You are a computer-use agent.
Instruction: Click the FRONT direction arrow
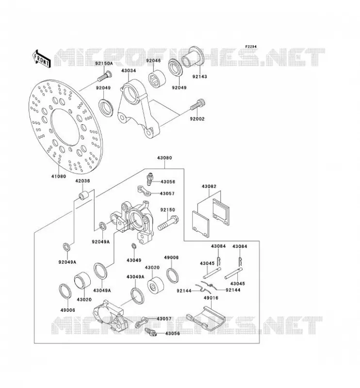[41, 59]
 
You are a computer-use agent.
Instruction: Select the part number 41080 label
[59, 177]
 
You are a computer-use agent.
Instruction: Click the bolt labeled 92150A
[104, 76]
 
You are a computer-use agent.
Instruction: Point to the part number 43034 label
[129, 70]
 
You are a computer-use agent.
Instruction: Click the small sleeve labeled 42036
[83, 195]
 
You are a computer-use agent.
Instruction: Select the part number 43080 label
[164, 158]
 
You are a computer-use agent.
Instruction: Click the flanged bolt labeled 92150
[168, 223]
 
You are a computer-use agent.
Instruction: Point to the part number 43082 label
[209, 186]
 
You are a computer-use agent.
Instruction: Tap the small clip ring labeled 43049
[134, 246]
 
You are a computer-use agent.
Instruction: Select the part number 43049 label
[134, 260]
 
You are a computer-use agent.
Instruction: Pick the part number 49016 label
[211, 298]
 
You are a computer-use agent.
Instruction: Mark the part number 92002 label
[197, 119]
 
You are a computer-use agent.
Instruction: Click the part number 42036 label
[82, 181]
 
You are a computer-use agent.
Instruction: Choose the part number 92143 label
[200, 77]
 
